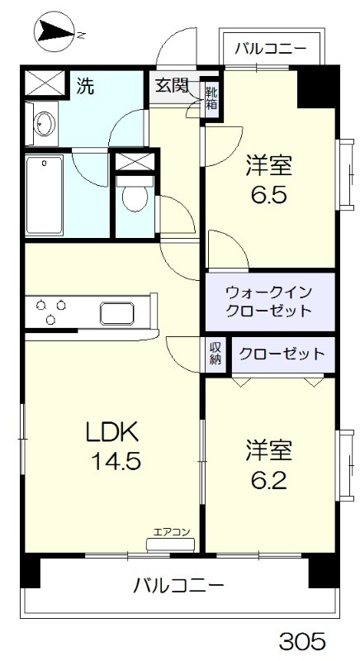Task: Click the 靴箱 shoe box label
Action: coord(211,97)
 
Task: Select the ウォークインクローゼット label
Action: coord(269,302)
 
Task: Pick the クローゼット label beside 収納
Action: coord(282,354)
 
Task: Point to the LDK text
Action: coord(116,432)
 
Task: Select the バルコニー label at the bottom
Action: coord(178,587)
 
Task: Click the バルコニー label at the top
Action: coord(269,47)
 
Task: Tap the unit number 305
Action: coord(301,640)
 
